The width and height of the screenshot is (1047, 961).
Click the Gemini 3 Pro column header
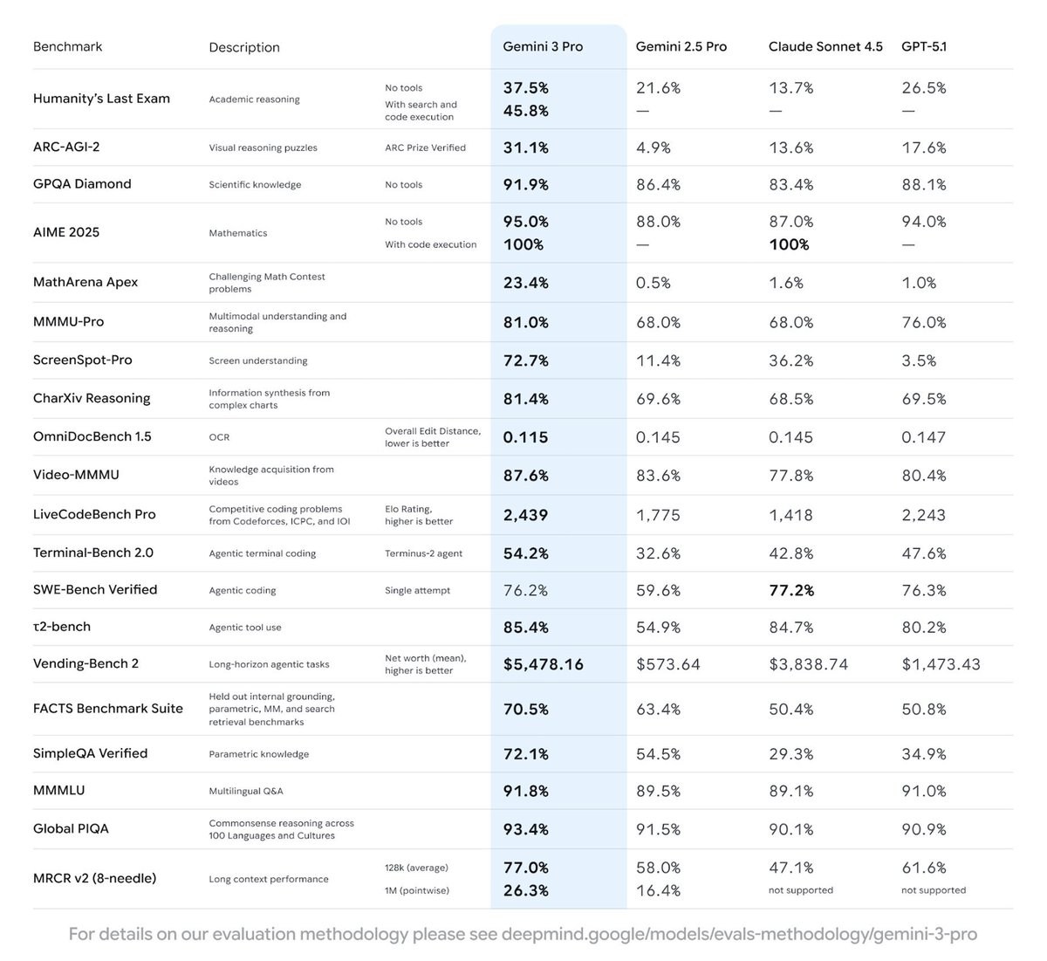click(x=543, y=46)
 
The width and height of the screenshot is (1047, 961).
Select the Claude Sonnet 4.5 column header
click(x=825, y=46)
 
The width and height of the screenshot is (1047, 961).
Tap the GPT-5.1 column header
click(x=924, y=46)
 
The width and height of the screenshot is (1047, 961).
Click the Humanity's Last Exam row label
click(x=101, y=99)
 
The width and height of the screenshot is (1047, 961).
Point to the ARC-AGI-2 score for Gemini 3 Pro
click(x=526, y=148)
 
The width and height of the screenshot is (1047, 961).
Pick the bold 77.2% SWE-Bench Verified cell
click(x=791, y=591)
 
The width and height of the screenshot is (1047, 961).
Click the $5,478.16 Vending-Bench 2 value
click(x=544, y=664)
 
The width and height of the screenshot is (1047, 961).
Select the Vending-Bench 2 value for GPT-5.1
click(x=941, y=664)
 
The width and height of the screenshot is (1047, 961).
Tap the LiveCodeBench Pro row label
click(x=94, y=514)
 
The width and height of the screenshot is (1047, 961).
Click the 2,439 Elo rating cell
click(x=525, y=515)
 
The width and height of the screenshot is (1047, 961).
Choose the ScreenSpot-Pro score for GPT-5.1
click(x=919, y=360)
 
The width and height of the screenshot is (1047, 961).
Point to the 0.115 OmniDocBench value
click(x=525, y=437)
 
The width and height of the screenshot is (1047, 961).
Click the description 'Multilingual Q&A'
click(x=246, y=791)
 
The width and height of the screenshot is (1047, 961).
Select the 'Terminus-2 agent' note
click(x=423, y=553)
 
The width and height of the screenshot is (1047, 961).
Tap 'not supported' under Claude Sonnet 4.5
click(x=801, y=890)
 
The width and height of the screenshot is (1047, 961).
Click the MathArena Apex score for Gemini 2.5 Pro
click(x=654, y=283)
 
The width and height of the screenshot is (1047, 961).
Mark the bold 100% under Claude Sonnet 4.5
click(x=789, y=244)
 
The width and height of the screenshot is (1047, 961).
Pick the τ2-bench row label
click(x=62, y=627)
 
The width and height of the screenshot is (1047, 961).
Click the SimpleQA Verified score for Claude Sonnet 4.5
click(x=790, y=753)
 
